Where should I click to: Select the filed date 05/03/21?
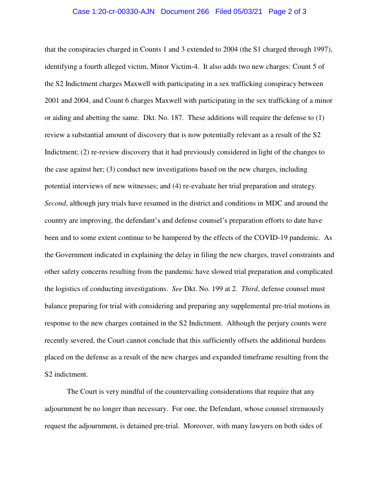point(248,12)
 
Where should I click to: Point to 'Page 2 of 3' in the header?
point(287,12)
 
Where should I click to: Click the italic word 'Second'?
point(55,203)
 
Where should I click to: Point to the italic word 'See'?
point(177,289)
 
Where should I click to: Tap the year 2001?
point(52,100)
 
